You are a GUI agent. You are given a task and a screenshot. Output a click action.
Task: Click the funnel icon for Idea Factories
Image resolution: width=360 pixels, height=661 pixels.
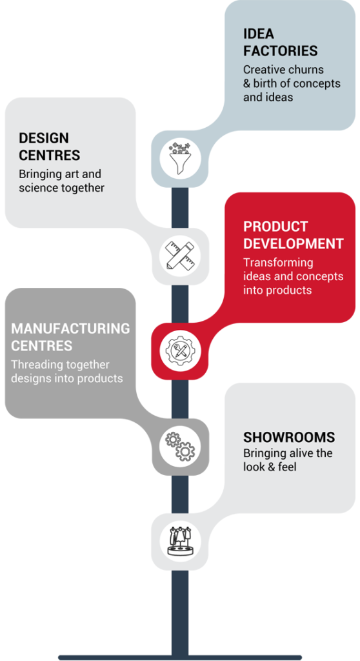180,159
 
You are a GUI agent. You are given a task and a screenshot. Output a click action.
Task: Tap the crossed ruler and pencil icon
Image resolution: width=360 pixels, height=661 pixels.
180,256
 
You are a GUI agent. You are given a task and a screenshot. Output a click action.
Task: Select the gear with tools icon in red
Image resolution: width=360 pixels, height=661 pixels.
180,351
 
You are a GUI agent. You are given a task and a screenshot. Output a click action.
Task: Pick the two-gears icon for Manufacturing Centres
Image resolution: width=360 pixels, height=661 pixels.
180,446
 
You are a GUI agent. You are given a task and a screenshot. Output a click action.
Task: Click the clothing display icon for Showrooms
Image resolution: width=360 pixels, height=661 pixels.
180,542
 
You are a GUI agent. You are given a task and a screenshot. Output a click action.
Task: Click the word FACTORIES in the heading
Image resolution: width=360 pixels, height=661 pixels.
281,50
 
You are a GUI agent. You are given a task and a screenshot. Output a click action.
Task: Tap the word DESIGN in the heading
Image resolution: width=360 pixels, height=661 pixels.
44,138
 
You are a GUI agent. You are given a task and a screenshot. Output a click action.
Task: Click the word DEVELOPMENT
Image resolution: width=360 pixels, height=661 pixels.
294,243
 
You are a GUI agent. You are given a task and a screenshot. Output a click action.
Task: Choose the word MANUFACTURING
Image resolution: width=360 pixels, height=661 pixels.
70,329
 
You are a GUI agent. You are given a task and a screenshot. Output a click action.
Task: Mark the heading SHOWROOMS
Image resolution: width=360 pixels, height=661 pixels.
289,437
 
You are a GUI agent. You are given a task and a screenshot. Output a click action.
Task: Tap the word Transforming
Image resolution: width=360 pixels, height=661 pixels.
278,263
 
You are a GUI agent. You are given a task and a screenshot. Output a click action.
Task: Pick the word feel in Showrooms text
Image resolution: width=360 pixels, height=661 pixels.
288,467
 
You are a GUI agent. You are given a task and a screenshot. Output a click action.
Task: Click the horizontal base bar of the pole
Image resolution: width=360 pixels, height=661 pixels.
180,657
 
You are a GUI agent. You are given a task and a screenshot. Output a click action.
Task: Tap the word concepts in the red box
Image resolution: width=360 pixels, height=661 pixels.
319,276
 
